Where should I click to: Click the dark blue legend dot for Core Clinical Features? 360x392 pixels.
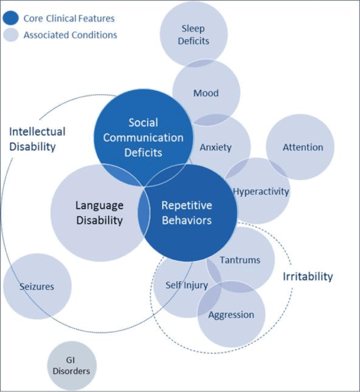[x=11, y=18]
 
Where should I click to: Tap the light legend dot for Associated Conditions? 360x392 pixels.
[x=11, y=35]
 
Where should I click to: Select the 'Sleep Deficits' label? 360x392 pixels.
[x=193, y=34]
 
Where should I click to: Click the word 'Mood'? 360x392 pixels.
[x=206, y=93]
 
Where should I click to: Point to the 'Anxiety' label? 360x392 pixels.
[x=215, y=147]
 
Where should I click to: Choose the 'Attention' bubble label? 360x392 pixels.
[x=303, y=147]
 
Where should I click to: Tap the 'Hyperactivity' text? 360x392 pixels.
[x=261, y=191]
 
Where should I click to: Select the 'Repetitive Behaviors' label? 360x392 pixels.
[x=187, y=213]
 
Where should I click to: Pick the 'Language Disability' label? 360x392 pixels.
[x=99, y=213]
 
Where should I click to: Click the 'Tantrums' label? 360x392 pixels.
[x=240, y=260]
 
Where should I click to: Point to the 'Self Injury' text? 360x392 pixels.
[x=186, y=285]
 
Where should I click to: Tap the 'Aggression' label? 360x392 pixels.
[x=231, y=314]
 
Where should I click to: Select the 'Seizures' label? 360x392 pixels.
[x=36, y=286]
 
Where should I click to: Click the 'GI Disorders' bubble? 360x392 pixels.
[x=71, y=366]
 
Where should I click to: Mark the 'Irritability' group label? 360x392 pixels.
[x=307, y=277]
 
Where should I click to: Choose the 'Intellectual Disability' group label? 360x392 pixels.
[x=37, y=139]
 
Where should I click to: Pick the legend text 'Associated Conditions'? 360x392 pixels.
[x=70, y=35]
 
